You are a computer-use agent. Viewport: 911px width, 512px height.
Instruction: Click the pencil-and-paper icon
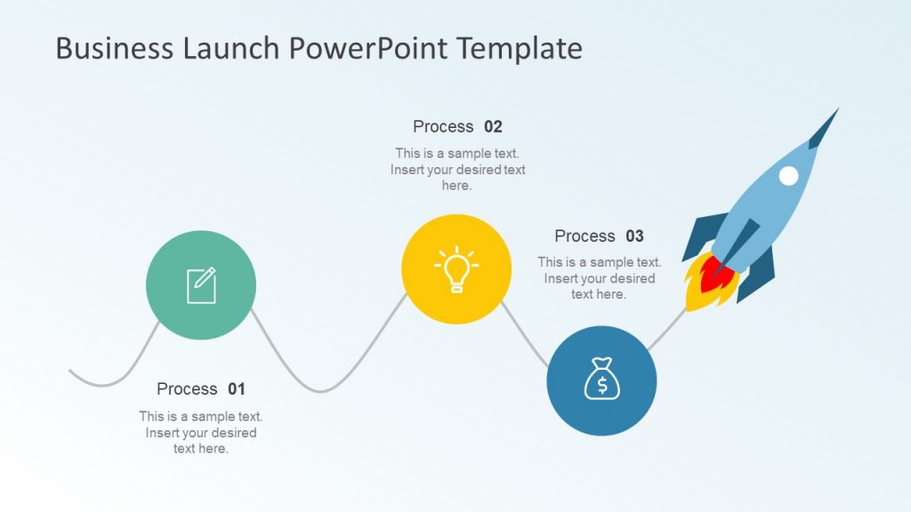[x=201, y=285]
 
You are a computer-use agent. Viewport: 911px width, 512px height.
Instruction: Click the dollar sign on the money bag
[x=602, y=385]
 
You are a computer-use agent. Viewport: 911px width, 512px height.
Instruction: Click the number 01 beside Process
[x=236, y=389]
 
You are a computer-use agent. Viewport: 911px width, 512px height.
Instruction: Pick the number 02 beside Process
[x=493, y=127]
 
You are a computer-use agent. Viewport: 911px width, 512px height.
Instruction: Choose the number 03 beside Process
[x=634, y=236]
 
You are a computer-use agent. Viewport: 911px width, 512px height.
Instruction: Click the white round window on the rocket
[x=788, y=176]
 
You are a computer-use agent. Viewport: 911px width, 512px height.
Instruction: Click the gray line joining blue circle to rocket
[x=667, y=328]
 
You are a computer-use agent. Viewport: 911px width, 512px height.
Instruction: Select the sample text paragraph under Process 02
[x=457, y=170]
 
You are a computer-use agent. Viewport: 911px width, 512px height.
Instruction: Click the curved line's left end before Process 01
[x=72, y=370]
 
